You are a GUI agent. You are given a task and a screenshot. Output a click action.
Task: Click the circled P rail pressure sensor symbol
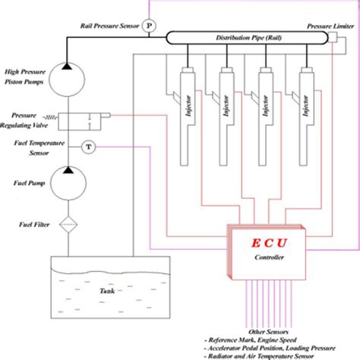tap(149, 25)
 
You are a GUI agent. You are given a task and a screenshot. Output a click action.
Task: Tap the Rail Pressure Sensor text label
tap(110, 25)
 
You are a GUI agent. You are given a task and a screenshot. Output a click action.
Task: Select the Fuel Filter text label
tap(32, 226)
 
